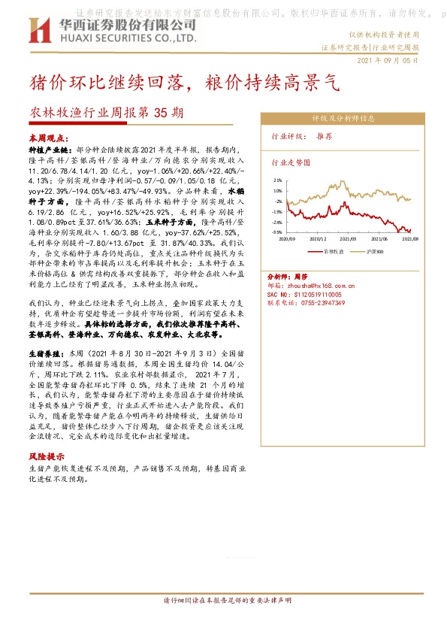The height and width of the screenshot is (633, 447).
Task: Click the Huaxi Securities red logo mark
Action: point(39,30)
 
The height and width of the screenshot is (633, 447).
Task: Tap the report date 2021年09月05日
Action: point(387,60)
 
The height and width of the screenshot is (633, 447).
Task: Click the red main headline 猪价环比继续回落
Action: point(113,83)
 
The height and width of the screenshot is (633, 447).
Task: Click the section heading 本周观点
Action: point(49,139)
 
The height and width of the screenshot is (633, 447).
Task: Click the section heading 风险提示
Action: point(46,456)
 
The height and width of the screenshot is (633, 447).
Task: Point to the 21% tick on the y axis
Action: point(278,180)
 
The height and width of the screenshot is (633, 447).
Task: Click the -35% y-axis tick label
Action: point(277,233)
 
